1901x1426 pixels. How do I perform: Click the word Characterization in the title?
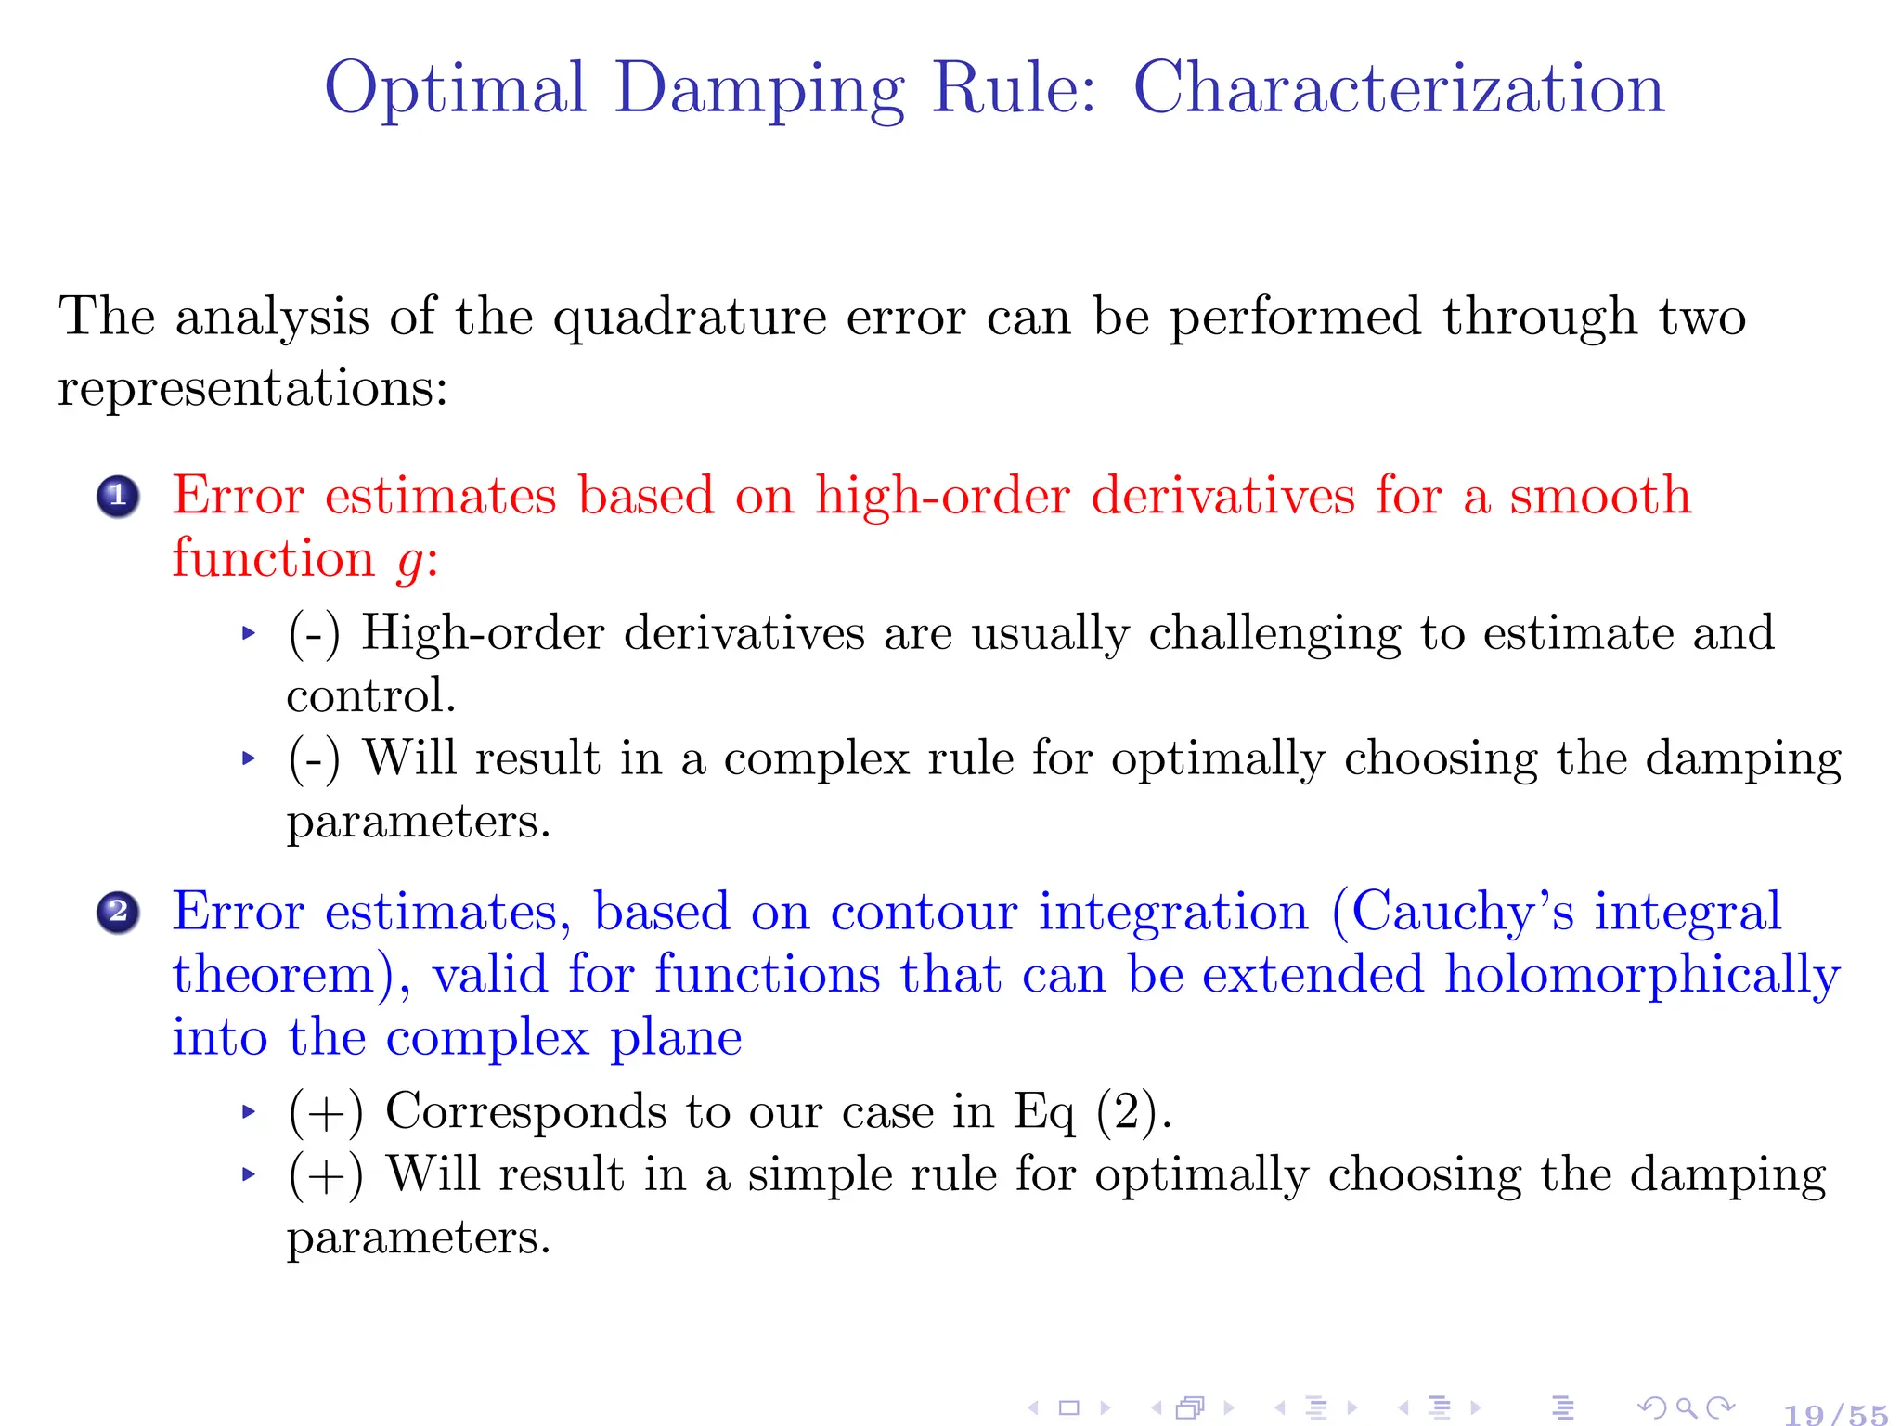pos(1399,88)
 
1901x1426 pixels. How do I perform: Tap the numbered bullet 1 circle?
pos(118,497)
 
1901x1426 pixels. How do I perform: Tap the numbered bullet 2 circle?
pos(118,913)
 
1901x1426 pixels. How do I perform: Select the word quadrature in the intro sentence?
pos(690,318)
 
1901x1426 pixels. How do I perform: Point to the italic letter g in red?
pos(409,561)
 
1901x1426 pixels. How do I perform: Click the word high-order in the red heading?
pos(942,495)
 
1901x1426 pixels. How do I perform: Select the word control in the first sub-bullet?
pos(370,696)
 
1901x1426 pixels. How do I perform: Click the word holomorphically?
pos(1642,975)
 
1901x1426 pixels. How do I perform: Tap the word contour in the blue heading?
pos(924,912)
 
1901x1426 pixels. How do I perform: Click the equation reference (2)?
pos(1127,1111)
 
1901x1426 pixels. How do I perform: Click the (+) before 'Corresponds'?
pos(325,1111)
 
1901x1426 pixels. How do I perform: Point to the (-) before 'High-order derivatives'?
pos(314,633)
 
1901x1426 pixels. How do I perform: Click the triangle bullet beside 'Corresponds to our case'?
pos(248,1111)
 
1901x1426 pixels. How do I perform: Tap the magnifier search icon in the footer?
pos(1687,1408)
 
